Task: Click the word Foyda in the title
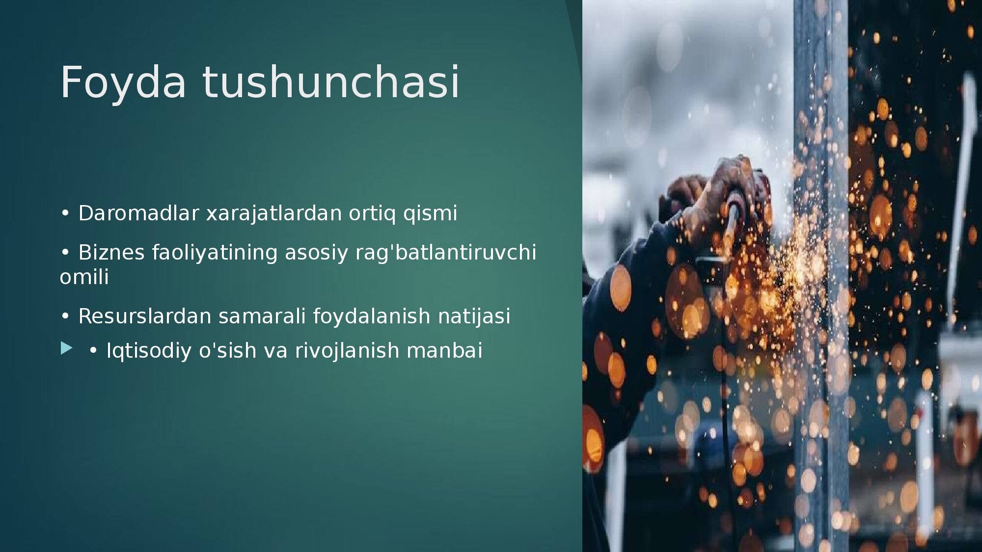coord(123,82)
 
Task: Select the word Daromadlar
coord(139,213)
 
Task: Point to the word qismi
coord(430,214)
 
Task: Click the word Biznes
coord(111,252)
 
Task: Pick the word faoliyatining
coord(215,253)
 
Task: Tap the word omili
coord(84,277)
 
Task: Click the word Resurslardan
coord(145,316)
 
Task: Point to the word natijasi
coord(474,317)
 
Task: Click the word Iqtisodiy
coord(149,351)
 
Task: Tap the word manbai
coord(444,350)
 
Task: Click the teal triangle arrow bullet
coord(66,348)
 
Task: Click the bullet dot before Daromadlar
coord(65,213)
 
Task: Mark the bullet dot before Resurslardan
coord(65,316)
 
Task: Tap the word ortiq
coord(372,214)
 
